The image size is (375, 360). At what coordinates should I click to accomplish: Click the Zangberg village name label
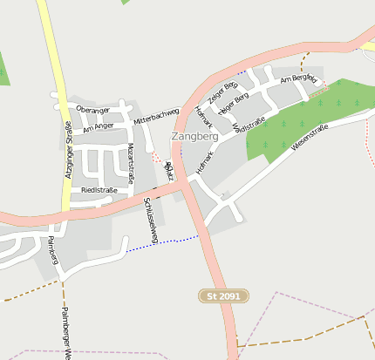(194, 137)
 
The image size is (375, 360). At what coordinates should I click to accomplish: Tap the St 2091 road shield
(223, 296)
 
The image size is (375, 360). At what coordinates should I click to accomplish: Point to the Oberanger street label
(93, 110)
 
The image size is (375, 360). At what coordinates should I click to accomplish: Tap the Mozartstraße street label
(131, 162)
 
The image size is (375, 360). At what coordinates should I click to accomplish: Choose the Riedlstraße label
(99, 189)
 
